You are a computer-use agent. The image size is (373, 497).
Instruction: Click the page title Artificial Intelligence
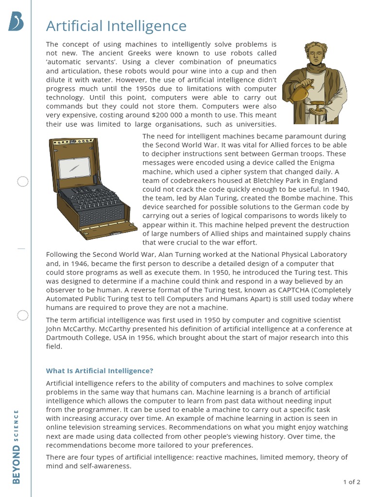116,26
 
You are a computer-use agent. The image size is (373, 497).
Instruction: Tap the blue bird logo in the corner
16,22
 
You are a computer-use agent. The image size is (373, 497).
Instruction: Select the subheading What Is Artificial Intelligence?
100,371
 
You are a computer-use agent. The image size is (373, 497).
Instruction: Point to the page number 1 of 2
352,482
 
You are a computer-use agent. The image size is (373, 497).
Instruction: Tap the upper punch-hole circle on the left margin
23,182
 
